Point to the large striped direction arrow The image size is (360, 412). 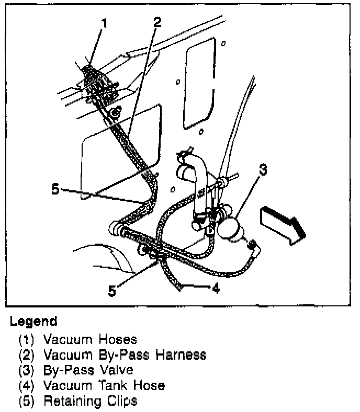click(283, 223)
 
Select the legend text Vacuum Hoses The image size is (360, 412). click(90, 339)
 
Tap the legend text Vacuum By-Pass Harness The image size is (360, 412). click(125, 355)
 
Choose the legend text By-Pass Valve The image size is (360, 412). click(88, 370)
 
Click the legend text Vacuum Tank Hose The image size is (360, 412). click(104, 386)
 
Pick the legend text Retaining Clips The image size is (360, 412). click(91, 402)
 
